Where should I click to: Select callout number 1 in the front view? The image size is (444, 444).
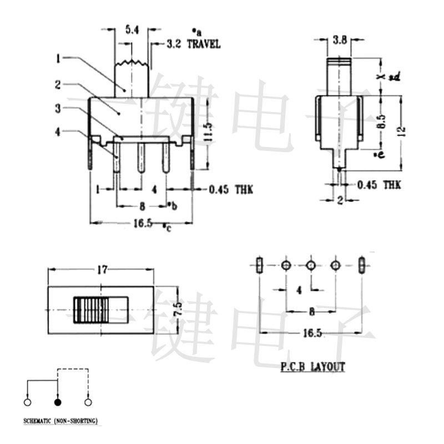[x=58, y=57]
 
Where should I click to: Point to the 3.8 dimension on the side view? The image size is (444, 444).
[x=339, y=40]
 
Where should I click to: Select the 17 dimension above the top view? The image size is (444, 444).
[x=102, y=270]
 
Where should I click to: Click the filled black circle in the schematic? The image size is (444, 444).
[x=58, y=402]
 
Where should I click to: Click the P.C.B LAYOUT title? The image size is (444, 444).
[x=312, y=367]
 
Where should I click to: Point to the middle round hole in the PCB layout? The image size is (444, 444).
[x=311, y=265]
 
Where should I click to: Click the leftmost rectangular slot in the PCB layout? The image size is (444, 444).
[x=259, y=265]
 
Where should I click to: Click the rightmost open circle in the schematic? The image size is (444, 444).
[x=87, y=402]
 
